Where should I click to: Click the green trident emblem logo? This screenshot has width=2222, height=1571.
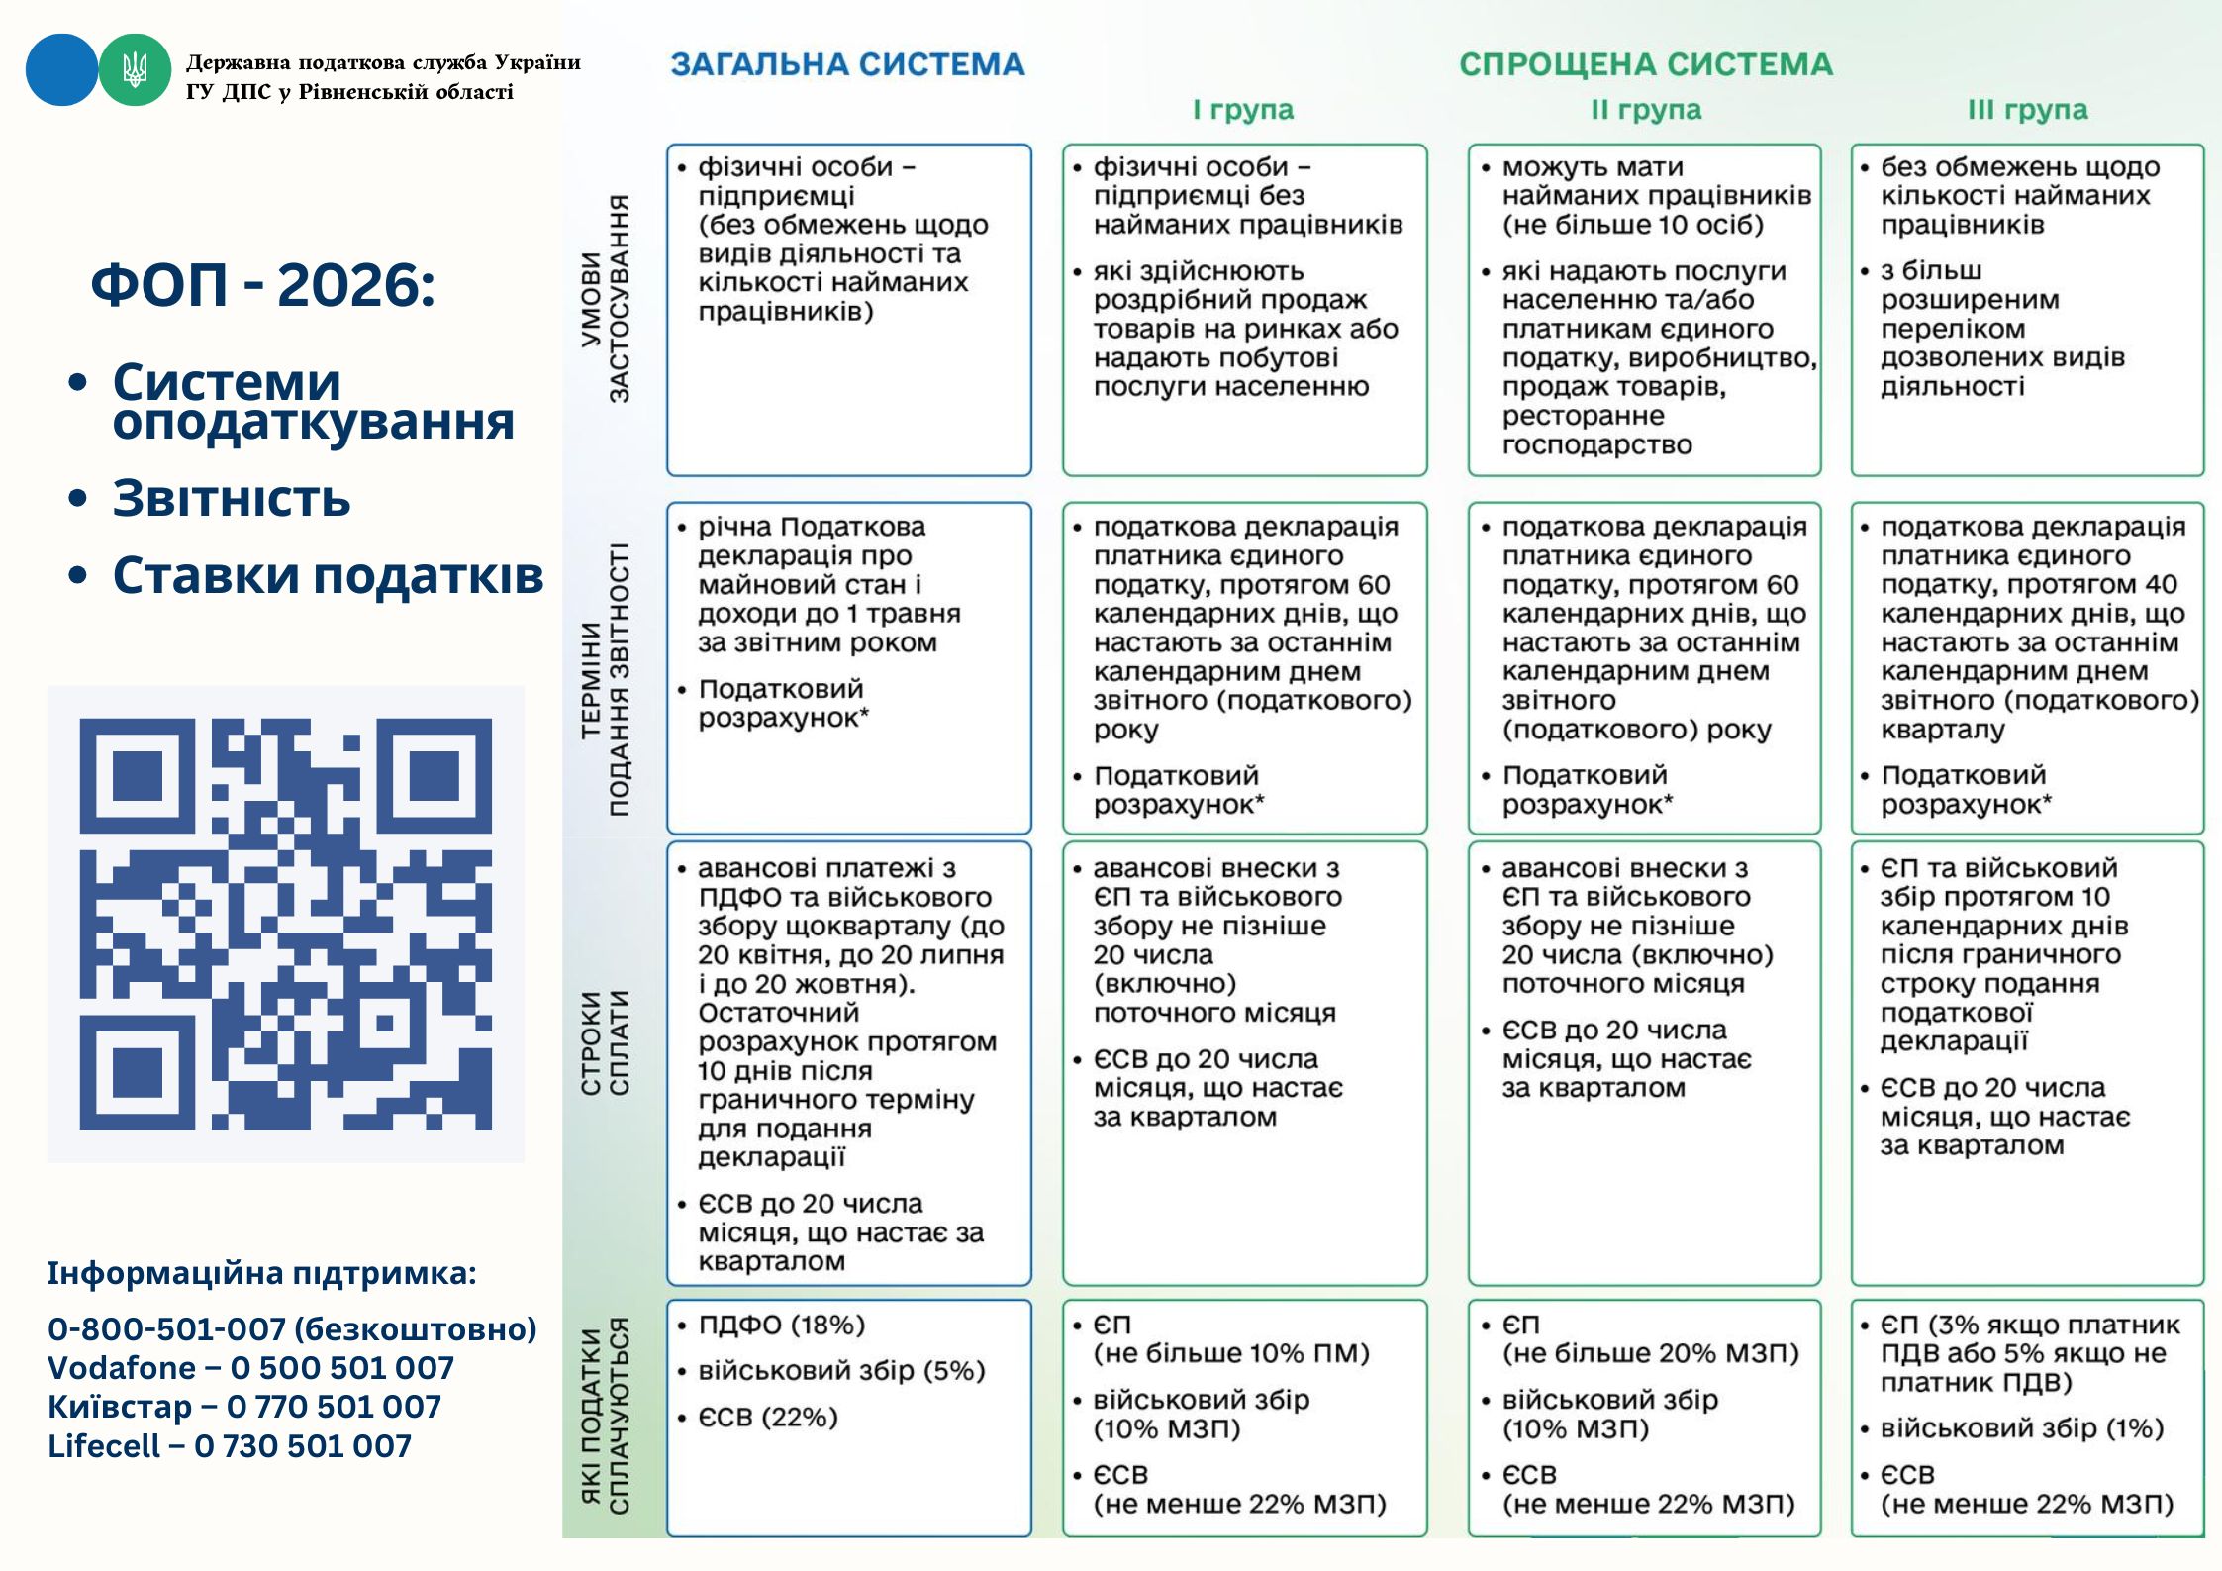135,70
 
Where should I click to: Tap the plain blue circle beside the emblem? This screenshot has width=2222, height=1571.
61,70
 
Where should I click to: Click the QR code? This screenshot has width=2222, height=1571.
285,924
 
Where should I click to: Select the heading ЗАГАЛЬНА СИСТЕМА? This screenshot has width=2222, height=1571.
847,64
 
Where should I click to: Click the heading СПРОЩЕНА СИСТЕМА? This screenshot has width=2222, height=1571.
1645,64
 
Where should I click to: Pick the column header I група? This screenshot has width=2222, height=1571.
1242,110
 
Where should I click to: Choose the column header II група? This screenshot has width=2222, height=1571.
1645,110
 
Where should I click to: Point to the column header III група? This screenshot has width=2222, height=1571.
2027,110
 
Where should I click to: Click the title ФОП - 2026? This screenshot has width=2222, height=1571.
263,285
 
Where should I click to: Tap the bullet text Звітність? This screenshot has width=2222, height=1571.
232,498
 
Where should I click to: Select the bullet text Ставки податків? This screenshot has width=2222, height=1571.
328,575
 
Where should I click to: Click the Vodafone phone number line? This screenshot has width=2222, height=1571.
250,1368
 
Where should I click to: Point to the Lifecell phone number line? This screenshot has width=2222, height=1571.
230,1446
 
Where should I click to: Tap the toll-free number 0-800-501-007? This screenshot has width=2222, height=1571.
292,1328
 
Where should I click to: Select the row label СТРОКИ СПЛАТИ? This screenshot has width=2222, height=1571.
605,1043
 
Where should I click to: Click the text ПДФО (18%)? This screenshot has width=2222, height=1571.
781,1325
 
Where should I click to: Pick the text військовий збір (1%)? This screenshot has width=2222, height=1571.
2021,1428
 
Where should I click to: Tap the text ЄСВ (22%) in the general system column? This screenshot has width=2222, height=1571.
768,1418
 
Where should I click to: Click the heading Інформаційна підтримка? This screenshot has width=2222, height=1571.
261,1273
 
